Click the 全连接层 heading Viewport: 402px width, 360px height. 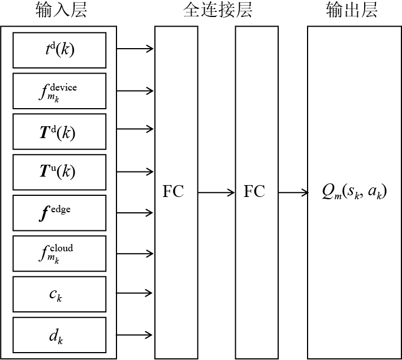218,10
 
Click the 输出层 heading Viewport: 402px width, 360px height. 352,10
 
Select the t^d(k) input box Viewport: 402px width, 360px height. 59,50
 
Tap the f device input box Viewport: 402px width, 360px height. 59,91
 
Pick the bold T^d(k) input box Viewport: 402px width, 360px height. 59,131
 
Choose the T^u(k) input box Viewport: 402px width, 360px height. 59,172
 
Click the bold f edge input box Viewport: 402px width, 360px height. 59,212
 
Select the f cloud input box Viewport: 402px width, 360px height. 59,253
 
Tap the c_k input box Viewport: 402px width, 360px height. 59,294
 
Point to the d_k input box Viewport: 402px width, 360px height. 59,335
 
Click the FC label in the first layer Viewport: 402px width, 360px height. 173,192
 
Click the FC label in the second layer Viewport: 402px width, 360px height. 254,192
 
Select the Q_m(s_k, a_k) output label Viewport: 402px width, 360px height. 353,192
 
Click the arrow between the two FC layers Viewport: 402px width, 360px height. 216,192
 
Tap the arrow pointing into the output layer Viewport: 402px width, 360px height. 293,192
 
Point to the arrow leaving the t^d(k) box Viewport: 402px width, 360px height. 135,49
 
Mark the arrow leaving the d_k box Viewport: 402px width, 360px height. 135,334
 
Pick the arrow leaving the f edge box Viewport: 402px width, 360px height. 135,212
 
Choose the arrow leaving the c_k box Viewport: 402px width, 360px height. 135,293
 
